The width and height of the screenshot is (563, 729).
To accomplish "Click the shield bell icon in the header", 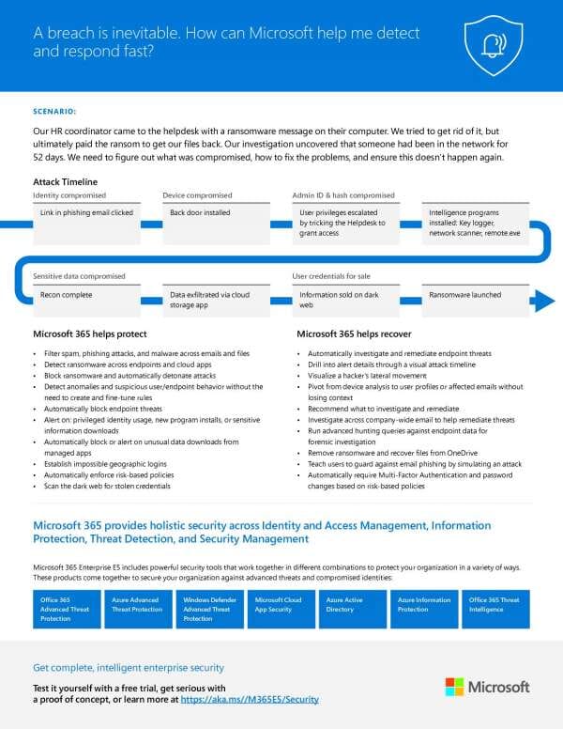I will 493,45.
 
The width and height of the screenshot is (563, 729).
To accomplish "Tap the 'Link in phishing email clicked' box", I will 86,213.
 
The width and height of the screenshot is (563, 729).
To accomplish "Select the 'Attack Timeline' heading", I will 65,181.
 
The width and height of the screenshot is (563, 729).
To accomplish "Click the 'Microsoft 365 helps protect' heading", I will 90,333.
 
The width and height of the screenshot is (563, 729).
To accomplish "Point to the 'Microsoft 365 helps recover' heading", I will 355,333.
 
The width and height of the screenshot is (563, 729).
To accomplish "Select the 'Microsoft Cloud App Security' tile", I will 281,608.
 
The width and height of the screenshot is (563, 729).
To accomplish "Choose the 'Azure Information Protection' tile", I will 425,608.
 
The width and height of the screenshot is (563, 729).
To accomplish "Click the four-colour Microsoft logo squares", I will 454,687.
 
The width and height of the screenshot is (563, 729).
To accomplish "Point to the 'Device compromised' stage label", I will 197,195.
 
